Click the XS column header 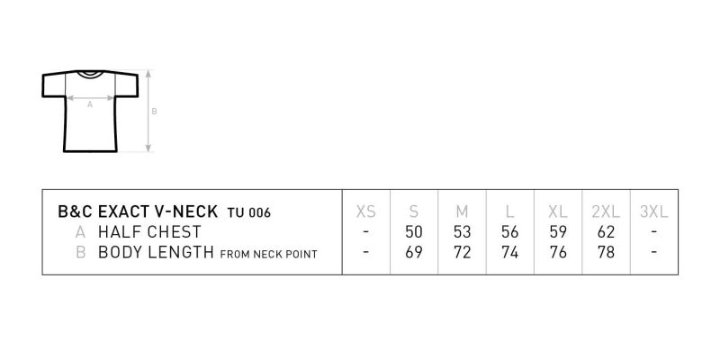pos(366,211)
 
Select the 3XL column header pos(654,211)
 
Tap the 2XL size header pos(606,211)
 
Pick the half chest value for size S pos(414,232)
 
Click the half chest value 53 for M pos(462,232)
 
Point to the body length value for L pos(509,252)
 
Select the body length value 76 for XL pos(558,252)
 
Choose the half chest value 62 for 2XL pos(606,232)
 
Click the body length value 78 pos(606,252)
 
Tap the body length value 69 pos(414,252)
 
